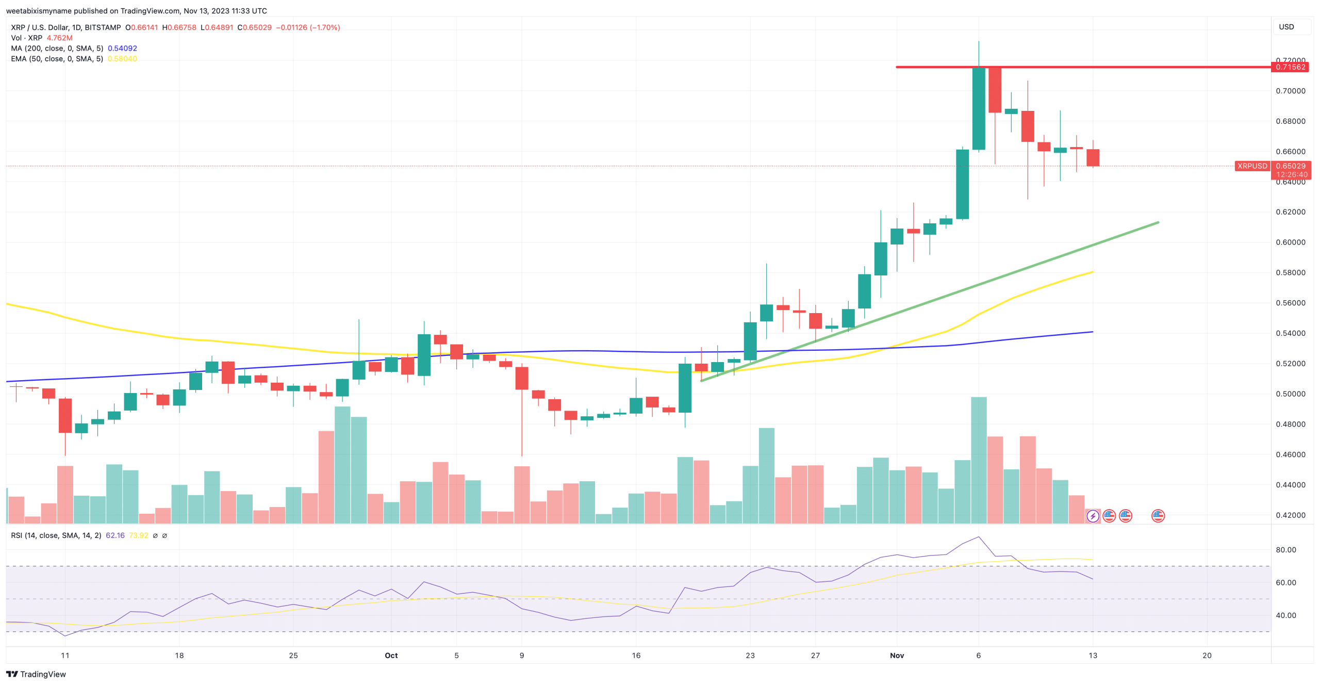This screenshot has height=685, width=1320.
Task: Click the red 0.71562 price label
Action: (1291, 67)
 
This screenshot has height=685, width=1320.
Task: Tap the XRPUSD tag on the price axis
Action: (1252, 166)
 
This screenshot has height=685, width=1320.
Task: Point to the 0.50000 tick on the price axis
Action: (1291, 394)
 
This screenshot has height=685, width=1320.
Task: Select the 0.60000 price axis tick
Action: (1291, 242)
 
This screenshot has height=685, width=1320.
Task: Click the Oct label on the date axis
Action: (391, 656)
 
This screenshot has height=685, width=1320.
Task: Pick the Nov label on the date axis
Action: (897, 656)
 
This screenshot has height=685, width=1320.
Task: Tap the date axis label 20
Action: (1207, 656)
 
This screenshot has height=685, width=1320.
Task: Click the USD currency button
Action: (1286, 27)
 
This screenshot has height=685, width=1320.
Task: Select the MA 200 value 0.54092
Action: (122, 48)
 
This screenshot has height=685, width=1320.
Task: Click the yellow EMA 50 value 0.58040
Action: (122, 59)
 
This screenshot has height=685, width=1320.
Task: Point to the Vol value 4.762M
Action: (59, 38)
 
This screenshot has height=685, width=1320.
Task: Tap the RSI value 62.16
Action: (115, 535)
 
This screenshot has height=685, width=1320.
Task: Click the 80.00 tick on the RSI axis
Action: (1285, 550)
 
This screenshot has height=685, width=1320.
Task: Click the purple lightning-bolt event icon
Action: (1093, 516)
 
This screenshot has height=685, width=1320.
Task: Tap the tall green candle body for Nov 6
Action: (978, 108)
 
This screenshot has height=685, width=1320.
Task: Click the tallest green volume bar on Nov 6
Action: (978, 459)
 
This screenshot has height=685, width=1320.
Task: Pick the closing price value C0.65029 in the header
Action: (255, 27)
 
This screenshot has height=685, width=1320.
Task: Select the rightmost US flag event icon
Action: (1158, 516)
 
